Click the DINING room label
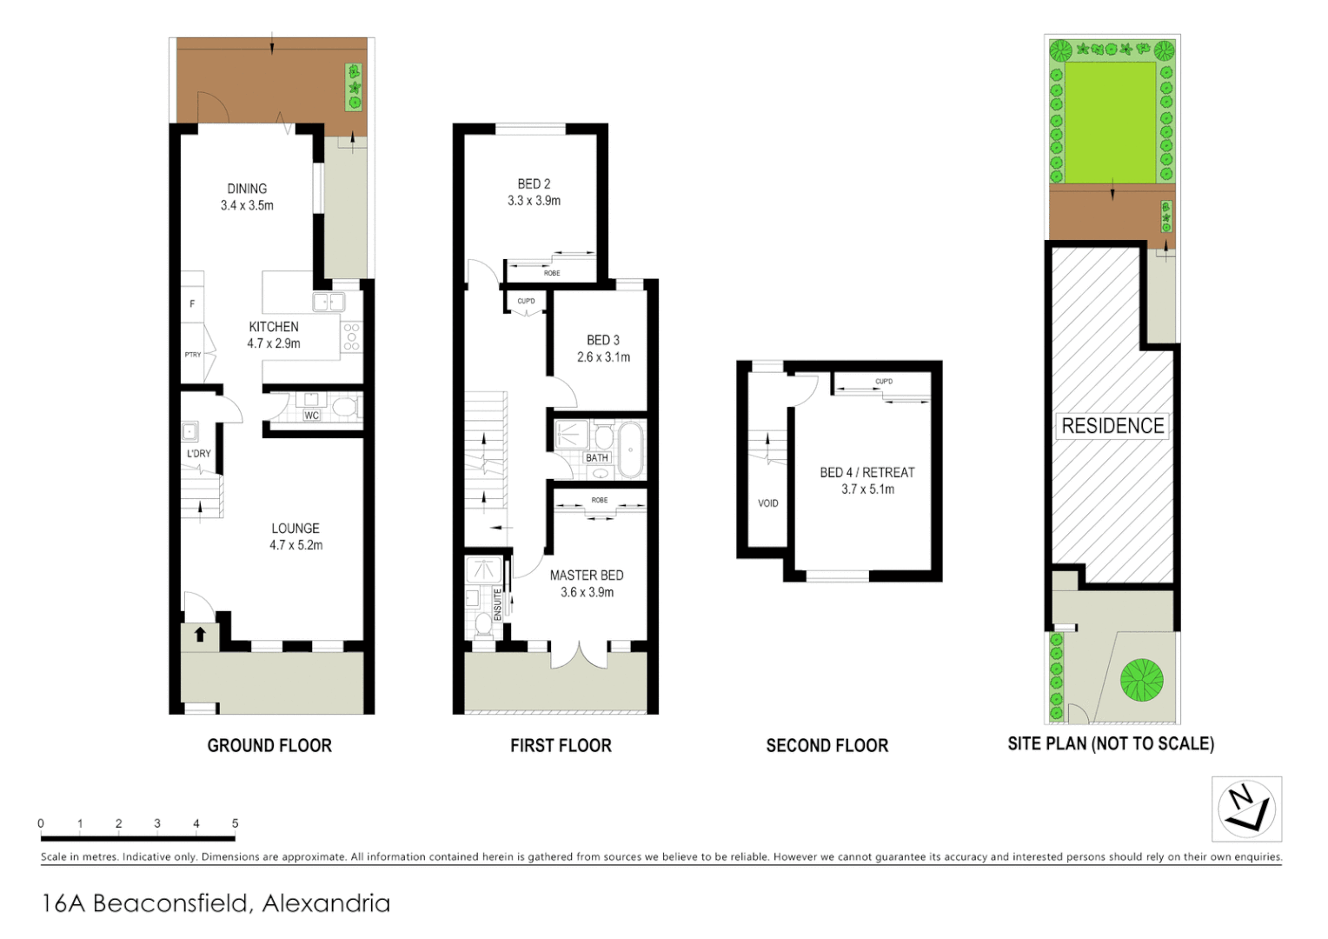(247, 189)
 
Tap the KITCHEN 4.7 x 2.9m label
(274, 335)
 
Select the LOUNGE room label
(295, 529)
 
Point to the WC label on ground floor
(311, 416)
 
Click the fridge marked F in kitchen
(192, 303)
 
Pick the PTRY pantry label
(193, 355)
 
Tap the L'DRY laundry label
(199, 454)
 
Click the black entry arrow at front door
(200, 634)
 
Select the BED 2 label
(534, 184)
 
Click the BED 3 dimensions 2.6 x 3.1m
(603, 357)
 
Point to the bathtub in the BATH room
(630, 449)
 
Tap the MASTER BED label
(587, 576)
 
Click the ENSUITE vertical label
(498, 604)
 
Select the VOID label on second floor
(767, 503)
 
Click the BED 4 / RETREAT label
(867, 473)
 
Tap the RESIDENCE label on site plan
(1112, 426)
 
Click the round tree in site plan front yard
(1141, 680)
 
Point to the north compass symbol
(1246, 809)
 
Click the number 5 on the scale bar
(235, 823)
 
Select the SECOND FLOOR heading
(827, 746)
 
